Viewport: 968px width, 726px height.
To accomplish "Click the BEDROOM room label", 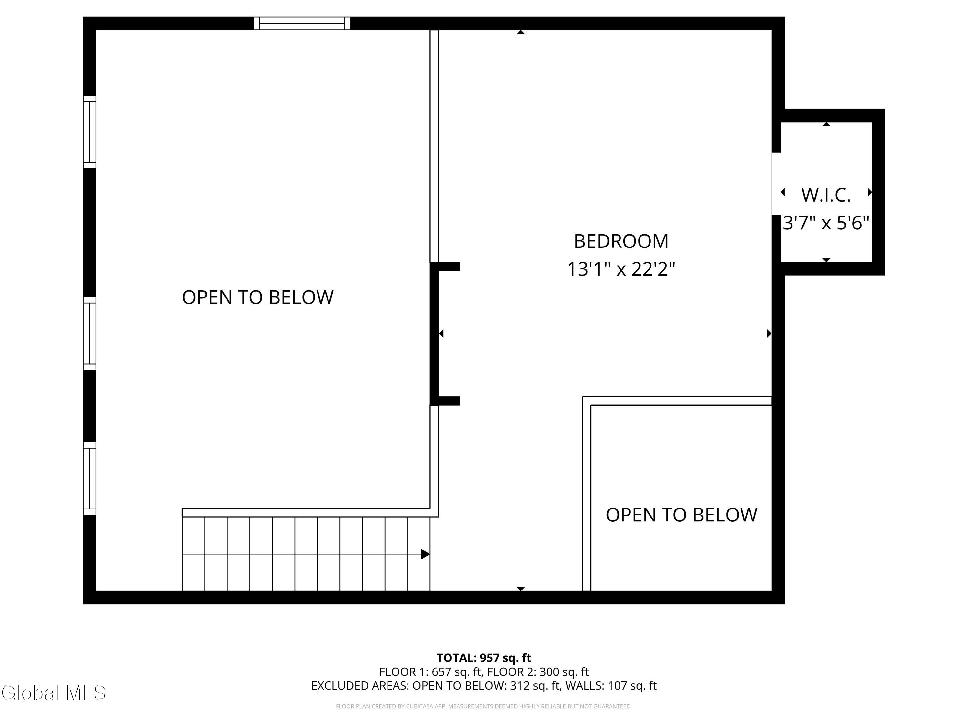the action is (x=621, y=242).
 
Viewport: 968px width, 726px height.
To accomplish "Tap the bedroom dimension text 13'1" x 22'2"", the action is (x=621, y=269).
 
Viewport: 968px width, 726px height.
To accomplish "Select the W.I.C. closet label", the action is (x=826, y=195).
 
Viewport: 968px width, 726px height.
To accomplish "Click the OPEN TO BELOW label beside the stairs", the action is (x=258, y=297).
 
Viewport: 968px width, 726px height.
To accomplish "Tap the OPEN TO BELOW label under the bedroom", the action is (x=681, y=515).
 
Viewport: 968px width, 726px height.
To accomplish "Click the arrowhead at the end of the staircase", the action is (x=425, y=554).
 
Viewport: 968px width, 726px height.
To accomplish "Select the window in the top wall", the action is (x=302, y=24).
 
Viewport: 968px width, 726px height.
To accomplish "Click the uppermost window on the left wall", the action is (x=89, y=132).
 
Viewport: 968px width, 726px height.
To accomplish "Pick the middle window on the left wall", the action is (x=89, y=333).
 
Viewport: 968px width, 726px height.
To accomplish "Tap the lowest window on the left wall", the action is (x=89, y=478).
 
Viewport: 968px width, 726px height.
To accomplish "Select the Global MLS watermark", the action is (x=53, y=693).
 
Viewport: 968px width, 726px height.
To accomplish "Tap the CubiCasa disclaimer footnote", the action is (x=484, y=706).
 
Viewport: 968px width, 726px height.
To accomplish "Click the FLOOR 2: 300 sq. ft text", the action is (x=538, y=672).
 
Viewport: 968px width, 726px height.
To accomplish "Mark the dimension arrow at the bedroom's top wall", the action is (x=521, y=32).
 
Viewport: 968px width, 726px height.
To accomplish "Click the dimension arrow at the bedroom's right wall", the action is (x=769, y=333).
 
